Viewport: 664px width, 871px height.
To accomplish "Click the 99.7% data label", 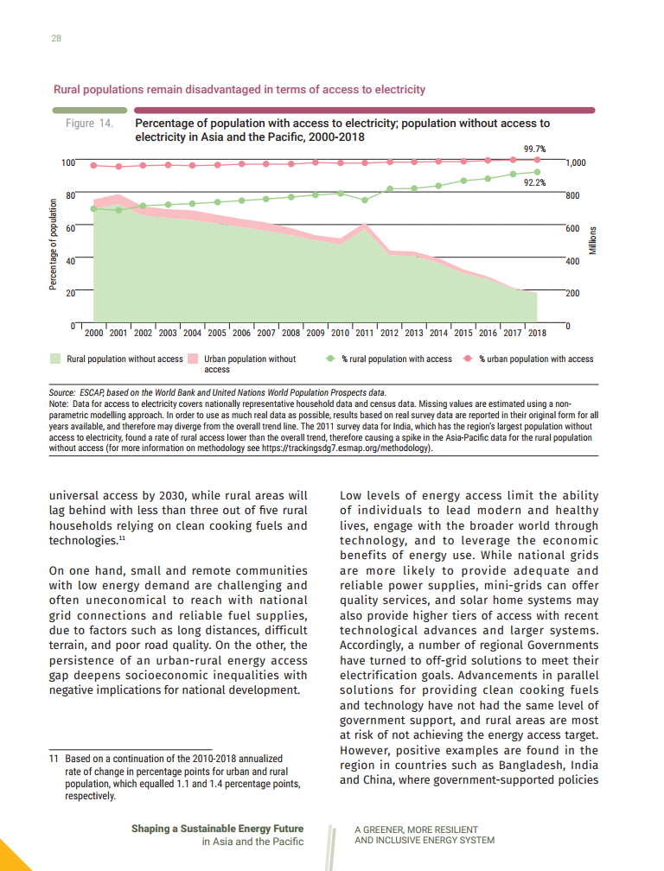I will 536,149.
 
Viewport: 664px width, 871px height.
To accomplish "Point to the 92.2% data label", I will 535,182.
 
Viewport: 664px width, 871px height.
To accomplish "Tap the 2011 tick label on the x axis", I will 365,332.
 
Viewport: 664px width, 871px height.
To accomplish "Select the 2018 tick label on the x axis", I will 537,332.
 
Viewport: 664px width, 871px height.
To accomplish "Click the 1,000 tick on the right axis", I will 576,162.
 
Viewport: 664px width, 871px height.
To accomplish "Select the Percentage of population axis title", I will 53,244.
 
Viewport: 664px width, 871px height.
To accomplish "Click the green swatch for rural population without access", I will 55,359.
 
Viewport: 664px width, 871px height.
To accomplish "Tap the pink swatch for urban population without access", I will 193,359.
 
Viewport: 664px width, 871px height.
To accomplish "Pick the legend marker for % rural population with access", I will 329,359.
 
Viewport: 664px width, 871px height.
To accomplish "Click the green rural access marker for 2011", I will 365,200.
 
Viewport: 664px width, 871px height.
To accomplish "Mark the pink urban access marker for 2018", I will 537,159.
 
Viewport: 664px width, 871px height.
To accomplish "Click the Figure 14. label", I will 89,124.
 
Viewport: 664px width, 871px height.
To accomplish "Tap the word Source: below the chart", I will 63,393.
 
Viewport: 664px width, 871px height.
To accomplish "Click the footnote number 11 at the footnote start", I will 53,759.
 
